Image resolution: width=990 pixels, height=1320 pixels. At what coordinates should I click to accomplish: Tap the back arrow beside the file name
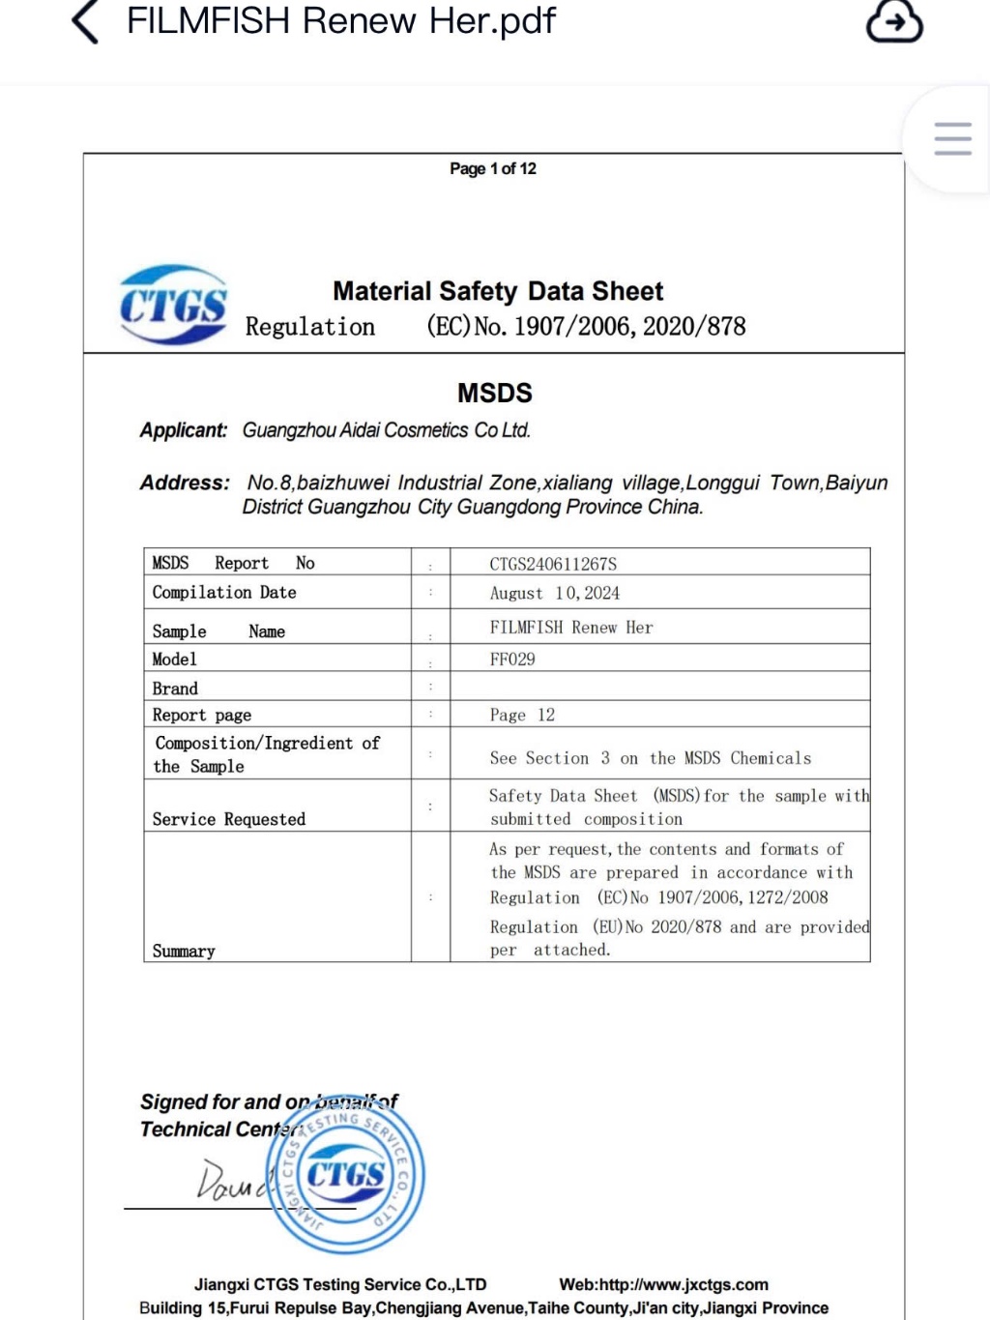[x=85, y=22]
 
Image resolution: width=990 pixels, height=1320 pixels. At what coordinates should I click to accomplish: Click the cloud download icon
[x=893, y=21]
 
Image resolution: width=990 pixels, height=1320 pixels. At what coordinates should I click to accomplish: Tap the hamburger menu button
[x=952, y=138]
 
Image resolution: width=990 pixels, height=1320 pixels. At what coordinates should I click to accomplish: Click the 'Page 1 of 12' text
[x=493, y=168]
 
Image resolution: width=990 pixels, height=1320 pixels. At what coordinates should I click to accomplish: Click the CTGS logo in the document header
[x=173, y=305]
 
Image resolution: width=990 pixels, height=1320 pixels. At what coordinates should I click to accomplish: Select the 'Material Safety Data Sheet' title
[x=498, y=291]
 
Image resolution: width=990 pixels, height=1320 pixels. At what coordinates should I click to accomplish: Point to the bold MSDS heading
[x=495, y=393]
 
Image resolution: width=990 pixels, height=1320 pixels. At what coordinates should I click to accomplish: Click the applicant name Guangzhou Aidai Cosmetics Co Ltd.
[x=386, y=430]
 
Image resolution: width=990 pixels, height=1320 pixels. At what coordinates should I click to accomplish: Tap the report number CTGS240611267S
[x=553, y=564]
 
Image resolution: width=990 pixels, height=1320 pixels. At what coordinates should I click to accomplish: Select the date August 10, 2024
[x=555, y=593]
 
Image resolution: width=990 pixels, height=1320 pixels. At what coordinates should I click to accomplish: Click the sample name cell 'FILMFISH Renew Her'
[x=571, y=628]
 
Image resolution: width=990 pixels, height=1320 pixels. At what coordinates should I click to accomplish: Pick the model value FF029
[x=512, y=660]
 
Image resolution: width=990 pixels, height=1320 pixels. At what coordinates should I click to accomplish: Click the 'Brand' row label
[x=175, y=689]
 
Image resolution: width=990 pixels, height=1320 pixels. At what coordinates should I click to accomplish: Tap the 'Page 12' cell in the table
[x=522, y=715]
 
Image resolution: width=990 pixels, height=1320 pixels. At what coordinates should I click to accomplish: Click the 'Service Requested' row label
[x=229, y=819]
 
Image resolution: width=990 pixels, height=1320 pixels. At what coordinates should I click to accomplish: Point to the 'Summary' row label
[x=184, y=951]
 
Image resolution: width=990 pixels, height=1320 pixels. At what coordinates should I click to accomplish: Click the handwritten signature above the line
[x=232, y=1181]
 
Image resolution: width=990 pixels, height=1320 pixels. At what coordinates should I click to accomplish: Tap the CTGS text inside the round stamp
[x=346, y=1175]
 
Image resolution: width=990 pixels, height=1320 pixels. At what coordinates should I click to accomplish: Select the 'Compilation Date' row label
[x=224, y=592]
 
